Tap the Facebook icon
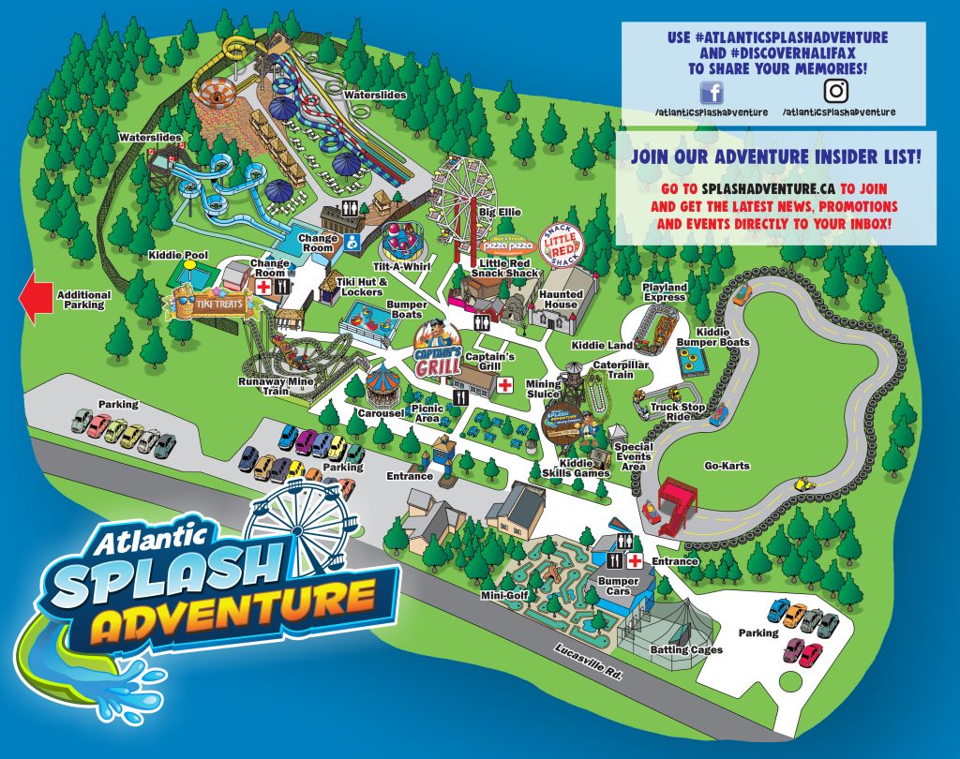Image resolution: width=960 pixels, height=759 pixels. click(x=712, y=92)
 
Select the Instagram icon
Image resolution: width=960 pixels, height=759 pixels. click(x=836, y=92)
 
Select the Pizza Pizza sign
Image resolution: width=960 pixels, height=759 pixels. click(x=507, y=246)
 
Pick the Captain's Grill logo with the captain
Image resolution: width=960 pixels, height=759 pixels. click(x=434, y=349)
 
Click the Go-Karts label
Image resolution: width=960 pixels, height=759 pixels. click(x=728, y=466)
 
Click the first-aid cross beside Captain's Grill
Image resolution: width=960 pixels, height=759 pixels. click(x=505, y=385)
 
